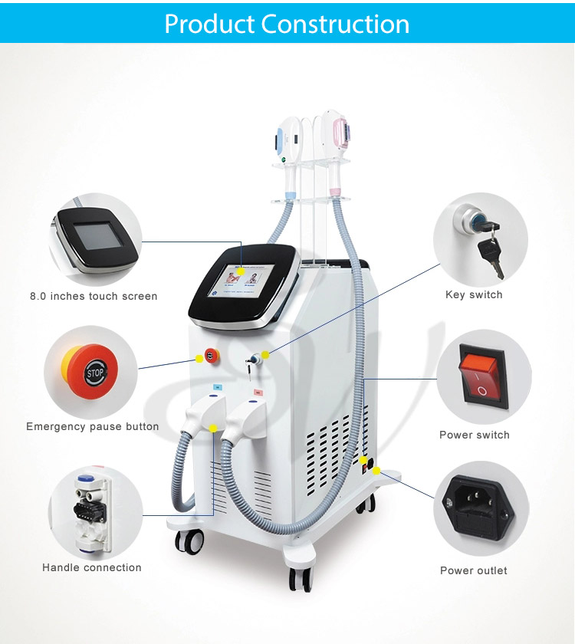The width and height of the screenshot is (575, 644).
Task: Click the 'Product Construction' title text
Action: (287, 24)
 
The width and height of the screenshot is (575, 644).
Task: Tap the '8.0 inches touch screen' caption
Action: (94, 296)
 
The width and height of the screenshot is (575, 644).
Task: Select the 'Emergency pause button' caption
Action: (93, 427)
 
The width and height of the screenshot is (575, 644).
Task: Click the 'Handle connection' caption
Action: (91, 567)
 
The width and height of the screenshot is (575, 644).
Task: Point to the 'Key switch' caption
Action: (474, 295)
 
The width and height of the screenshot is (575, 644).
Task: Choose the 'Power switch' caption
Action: (475, 435)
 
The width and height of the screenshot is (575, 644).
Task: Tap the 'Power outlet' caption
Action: (474, 570)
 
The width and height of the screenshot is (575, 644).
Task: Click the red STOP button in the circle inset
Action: (90, 372)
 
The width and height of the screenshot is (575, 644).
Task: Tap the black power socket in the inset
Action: (478, 508)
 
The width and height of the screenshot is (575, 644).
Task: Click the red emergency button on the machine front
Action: (212, 356)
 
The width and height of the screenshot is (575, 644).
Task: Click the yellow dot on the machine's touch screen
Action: (241, 271)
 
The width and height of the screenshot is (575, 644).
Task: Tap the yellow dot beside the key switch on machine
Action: (265, 354)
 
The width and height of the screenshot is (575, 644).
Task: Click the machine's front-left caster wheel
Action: (190, 541)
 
